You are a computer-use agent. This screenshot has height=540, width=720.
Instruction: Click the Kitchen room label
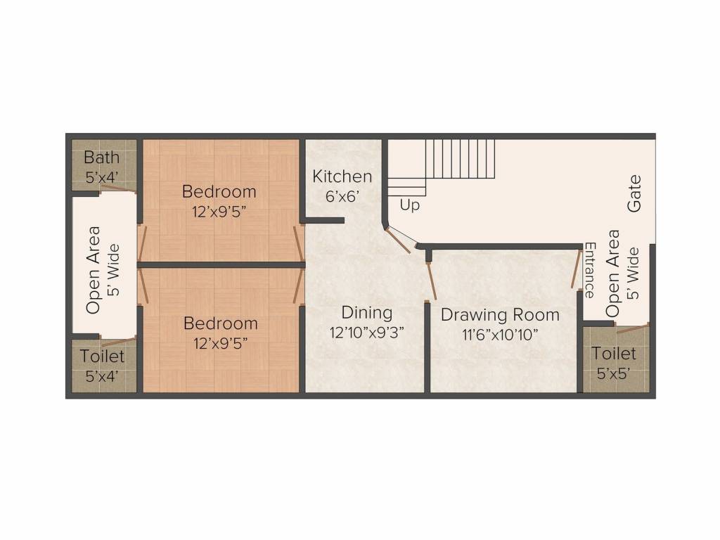tap(342, 176)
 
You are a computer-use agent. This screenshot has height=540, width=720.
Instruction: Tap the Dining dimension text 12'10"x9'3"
tap(367, 332)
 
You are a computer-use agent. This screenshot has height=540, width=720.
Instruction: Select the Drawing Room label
tap(500, 314)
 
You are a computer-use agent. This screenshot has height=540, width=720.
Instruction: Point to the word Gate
tap(635, 193)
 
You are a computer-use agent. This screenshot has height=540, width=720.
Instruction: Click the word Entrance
tap(590, 269)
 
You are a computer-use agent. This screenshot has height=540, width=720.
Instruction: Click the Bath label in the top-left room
tap(102, 157)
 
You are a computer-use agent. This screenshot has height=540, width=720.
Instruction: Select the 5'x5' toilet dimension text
tap(613, 373)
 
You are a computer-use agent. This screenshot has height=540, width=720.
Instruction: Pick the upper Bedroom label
tap(219, 191)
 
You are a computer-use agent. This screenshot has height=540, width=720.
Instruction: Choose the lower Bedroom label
tap(220, 323)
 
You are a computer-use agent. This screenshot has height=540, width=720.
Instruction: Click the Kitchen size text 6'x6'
tap(342, 196)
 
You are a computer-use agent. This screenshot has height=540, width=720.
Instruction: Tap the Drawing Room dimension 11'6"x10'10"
tap(500, 334)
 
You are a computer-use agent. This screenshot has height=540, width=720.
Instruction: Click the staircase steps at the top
tap(461, 158)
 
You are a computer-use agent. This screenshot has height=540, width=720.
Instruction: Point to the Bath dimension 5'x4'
tap(102, 177)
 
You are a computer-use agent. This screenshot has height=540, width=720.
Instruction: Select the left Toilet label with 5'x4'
tap(102, 356)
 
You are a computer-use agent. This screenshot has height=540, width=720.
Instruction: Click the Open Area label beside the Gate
tap(613, 273)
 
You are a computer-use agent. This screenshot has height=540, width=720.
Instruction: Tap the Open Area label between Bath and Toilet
tap(94, 269)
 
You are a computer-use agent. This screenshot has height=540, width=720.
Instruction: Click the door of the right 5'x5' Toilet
tap(631, 328)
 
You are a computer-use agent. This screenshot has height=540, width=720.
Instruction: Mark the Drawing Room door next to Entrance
tap(575, 274)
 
